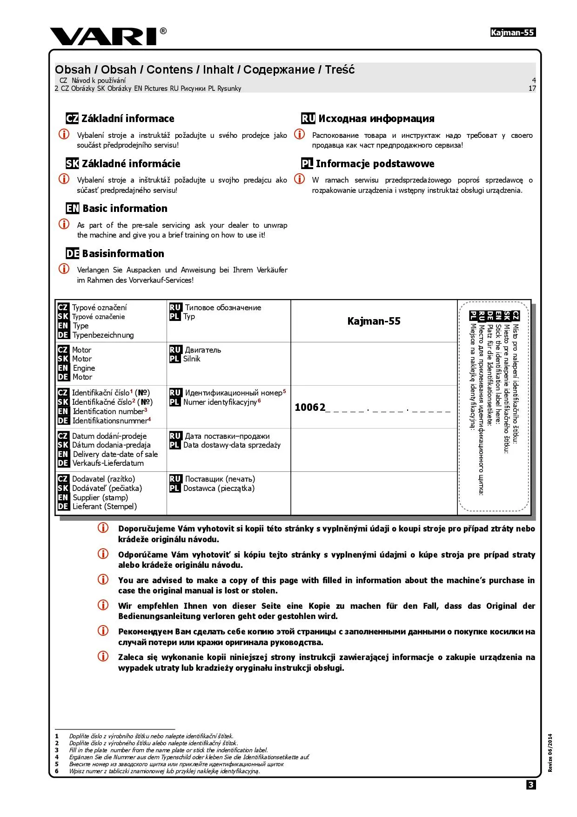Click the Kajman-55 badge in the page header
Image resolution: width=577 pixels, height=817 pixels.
pos(513,33)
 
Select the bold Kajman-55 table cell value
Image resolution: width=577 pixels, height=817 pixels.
pos(374,321)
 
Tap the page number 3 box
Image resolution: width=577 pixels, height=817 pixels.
pos(531,785)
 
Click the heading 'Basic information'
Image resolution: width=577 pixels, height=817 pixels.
pos(125,209)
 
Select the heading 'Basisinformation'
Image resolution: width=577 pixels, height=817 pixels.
pos(123,254)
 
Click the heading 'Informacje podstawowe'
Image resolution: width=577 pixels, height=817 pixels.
pos(375,164)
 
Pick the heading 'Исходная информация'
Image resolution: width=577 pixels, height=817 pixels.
pos(376,119)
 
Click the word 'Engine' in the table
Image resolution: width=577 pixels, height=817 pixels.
pos(84,368)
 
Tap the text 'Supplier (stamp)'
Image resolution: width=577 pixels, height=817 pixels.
pos(100,497)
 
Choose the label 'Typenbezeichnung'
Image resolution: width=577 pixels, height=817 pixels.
pos(103,335)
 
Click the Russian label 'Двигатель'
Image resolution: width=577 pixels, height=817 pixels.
pos(203,350)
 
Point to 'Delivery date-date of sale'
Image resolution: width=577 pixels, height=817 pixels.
pos(115,454)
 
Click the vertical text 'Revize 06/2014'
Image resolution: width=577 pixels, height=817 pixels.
pos(550,753)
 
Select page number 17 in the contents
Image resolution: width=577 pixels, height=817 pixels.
pos(532,89)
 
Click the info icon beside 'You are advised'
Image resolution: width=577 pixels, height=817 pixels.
pos(103,579)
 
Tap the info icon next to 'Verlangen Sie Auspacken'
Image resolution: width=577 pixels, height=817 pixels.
pos(64,269)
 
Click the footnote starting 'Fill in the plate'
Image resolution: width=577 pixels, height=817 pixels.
pos(168,750)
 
